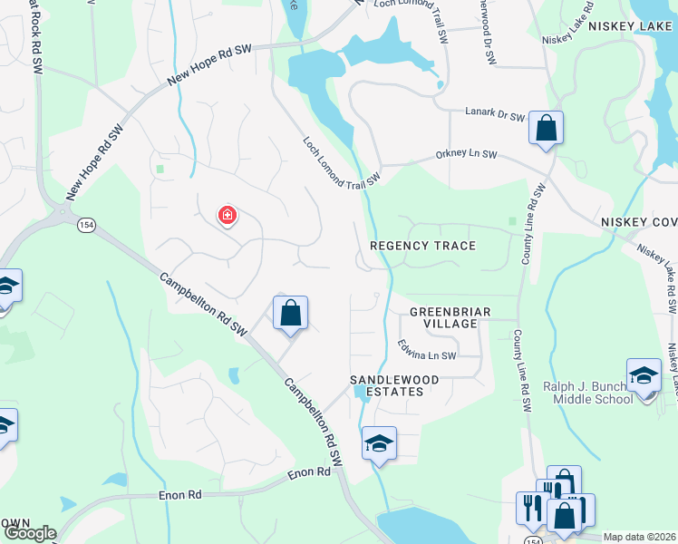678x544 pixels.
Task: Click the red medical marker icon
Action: (x=227, y=216)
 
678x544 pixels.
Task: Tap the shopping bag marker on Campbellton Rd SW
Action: (x=290, y=314)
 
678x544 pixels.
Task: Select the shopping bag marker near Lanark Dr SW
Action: (x=546, y=129)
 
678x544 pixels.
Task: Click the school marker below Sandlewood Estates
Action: (x=379, y=443)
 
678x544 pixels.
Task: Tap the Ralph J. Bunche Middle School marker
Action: (x=644, y=374)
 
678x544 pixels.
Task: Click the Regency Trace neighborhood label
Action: (x=422, y=246)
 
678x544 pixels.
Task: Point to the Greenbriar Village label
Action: (x=450, y=317)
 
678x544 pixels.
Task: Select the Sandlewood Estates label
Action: (x=395, y=385)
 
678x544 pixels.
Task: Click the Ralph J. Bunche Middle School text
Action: (x=587, y=392)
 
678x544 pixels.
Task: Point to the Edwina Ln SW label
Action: (x=426, y=350)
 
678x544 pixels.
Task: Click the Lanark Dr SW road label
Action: (x=496, y=116)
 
